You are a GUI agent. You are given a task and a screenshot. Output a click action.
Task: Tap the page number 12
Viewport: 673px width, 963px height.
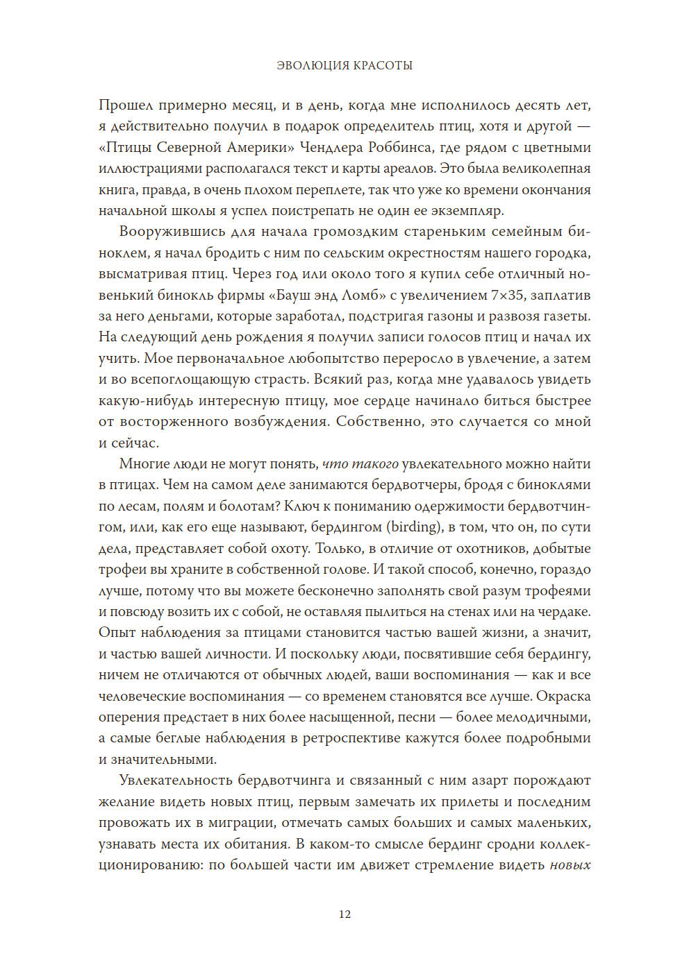(x=344, y=914)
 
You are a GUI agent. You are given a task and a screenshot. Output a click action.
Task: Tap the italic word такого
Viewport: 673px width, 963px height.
(x=375, y=463)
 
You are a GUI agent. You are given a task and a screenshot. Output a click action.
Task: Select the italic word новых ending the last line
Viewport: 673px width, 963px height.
(x=570, y=864)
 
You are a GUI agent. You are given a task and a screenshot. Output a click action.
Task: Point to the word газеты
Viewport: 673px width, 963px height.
(x=568, y=316)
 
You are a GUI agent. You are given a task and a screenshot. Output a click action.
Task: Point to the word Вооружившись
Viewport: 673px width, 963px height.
(x=163, y=232)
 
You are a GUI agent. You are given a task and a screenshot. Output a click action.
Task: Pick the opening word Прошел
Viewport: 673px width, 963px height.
(x=125, y=105)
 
